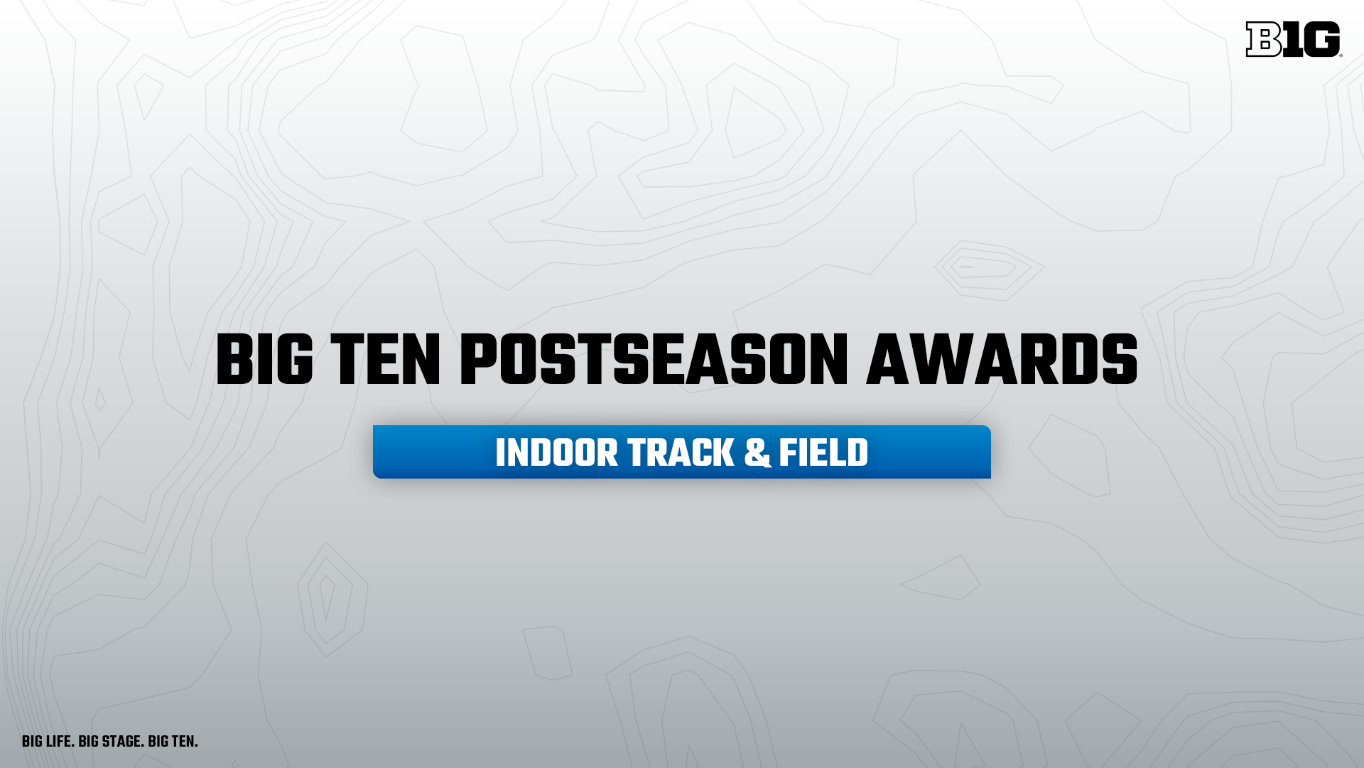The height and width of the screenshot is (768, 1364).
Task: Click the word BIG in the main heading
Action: pyautogui.click(x=264, y=361)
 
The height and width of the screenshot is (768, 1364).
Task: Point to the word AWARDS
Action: pyautogui.click(x=1002, y=361)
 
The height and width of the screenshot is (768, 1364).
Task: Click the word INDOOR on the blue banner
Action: pyautogui.click(x=557, y=453)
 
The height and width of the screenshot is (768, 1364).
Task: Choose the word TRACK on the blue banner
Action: pyautogui.click(x=681, y=453)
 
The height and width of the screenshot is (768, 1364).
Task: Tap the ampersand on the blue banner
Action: pyautogui.click(x=757, y=453)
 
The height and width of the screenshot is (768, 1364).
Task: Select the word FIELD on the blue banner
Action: pyautogui.click(x=823, y=453)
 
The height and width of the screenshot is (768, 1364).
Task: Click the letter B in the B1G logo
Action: pyautogui.click(x=1265, y=39)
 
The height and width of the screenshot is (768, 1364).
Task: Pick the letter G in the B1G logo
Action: pyautogui.click(x=1322, y=39)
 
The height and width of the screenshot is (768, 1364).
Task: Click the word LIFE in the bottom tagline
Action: pyautogui.click(x=60, y=742)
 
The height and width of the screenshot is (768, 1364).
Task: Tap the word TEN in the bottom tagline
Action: pyautogui.click(x=184, y=742)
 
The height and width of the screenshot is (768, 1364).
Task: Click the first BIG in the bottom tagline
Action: pyautogui.click(x=32, y=742)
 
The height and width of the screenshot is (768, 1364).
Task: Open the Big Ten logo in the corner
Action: pyautogui.click(x=1294, y=39)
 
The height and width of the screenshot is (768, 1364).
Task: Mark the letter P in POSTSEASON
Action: pyautogui.click(x=479, y=361)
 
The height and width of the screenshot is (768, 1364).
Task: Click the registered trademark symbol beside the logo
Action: pyautogui.click(x=1341, y=55)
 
